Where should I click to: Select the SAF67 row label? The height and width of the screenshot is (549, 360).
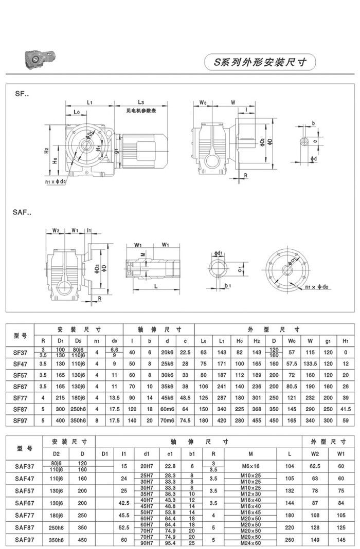[25, 502]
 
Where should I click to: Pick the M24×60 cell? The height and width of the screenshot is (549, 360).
[250, 542]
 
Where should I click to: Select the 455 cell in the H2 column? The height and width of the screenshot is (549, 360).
[258, 420]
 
